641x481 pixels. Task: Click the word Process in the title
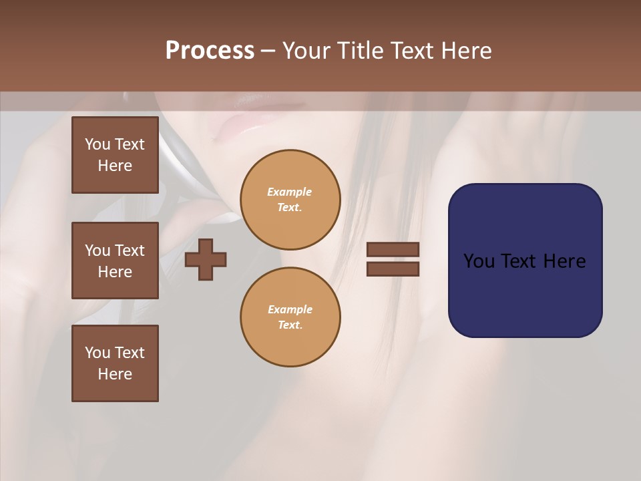210,51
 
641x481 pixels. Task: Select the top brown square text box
115,155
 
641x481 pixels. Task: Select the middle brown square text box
115,261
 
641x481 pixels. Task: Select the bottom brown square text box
115,363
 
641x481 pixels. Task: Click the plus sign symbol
206,259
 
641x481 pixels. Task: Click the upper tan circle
290,199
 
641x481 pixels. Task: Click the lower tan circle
290,317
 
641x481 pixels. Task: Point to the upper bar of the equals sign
393,249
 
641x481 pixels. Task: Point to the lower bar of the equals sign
393,269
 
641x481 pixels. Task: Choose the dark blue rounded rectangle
525,261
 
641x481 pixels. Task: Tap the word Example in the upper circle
290,192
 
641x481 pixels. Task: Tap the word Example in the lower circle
290,309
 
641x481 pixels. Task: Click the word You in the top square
97,144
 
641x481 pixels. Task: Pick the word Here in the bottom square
115,374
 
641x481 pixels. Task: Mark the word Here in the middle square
115,272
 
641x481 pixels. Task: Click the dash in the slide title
268,51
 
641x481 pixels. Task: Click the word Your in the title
308,51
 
